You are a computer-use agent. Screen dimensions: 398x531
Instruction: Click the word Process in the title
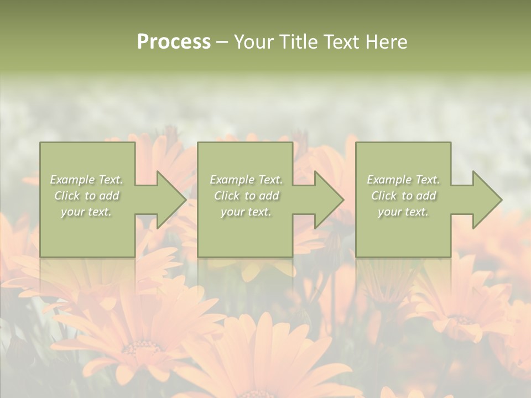174,42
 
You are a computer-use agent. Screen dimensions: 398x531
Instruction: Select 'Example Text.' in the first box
87,180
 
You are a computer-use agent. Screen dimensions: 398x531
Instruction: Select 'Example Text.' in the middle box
246,180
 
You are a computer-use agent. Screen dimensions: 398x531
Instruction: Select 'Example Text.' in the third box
403,180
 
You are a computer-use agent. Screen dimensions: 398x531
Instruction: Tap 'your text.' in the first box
86,212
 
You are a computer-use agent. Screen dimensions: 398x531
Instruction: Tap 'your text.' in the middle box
246,212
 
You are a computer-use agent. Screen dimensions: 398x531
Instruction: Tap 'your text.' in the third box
403,212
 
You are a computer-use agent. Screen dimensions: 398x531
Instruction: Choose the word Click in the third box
384,196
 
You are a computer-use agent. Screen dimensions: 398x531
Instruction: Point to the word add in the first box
109,196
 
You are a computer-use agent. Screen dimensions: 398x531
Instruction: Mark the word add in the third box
426,196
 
